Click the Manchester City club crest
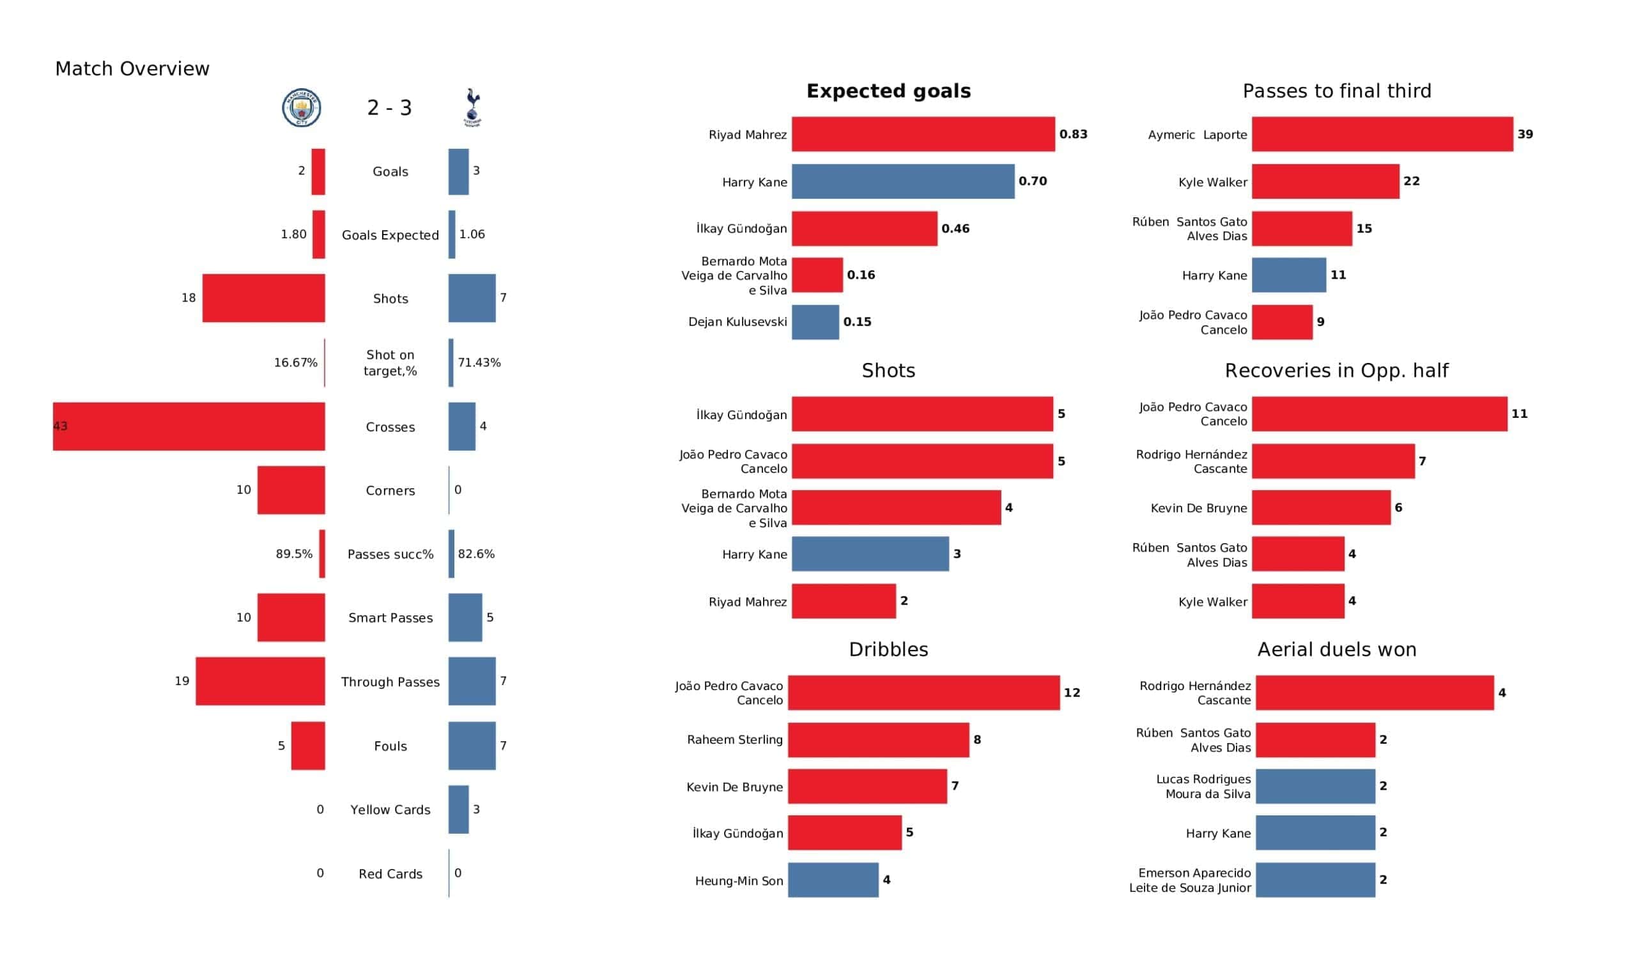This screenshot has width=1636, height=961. coord(301,108)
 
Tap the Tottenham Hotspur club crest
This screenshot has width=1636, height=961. coord(472,108)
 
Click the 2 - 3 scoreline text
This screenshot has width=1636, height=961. coord(390,108)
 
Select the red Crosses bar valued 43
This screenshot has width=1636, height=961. coord(189,427)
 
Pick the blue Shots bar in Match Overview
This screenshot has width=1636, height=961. coord(472,298)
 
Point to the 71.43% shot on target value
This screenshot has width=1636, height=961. coord(479,362)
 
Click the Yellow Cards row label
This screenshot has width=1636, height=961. coord(390,810)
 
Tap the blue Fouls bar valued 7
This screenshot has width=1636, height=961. coord(472,746)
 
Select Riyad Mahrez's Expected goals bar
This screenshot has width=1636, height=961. coord(923,134)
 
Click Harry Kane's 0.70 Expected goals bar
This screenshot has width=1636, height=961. coord(903,181)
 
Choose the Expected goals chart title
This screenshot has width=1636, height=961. coord(889,91)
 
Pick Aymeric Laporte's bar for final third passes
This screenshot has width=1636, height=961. coord(1382,134)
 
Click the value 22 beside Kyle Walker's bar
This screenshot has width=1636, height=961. coord(1412,181)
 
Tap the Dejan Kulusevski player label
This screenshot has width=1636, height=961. coord(737,322)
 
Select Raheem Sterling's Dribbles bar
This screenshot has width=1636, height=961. coord(878,739)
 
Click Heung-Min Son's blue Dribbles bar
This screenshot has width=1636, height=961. coord(833,880)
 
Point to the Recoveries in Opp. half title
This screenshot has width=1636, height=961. coord(1337,371)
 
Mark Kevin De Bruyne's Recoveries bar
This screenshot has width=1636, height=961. coord(1321,508)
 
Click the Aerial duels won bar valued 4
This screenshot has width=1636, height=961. coord(1375,693)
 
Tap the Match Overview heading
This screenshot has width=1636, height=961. coord(132,69)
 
